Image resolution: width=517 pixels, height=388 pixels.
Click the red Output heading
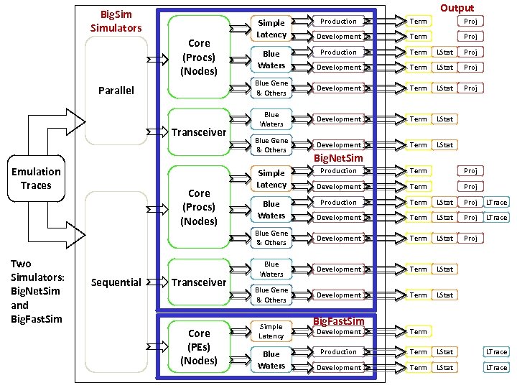pos(457,8)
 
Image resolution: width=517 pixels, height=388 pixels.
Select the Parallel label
pos(116,91)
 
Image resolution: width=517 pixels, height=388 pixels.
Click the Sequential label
pos(116,282)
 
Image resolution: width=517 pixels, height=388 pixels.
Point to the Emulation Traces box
pos(36,178)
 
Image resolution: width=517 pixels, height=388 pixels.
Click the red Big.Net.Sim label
pos(338,157)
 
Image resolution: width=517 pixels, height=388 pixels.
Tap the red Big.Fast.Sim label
pos(339,320)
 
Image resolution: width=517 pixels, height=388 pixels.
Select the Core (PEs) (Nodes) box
pos(199,347)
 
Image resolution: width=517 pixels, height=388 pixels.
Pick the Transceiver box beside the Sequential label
pos(199,282)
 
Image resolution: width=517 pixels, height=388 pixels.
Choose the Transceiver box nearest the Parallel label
pos(199,132)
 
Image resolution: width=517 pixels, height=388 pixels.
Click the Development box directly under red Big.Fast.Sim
pos(339,332)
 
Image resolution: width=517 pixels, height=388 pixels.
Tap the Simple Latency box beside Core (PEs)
pos(271,331)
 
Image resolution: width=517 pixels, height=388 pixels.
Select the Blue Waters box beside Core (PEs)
pos(271,360)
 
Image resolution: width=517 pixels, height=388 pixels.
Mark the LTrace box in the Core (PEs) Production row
pos(496,352)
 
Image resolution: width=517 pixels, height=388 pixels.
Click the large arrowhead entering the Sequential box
pos(74,231)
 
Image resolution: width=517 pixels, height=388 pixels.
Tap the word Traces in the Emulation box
pos(36,185)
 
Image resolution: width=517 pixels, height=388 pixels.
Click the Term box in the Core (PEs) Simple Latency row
pos(419,332)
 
